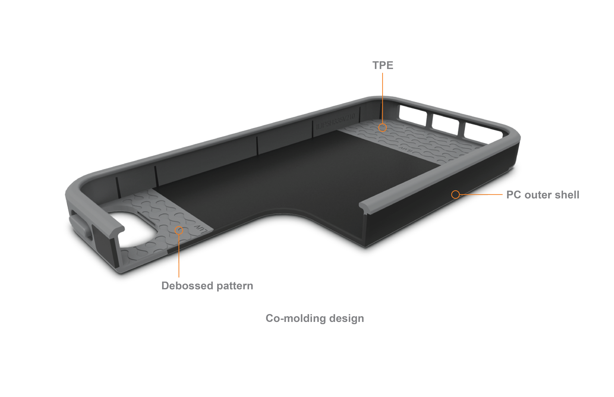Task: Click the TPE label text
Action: point(382,66)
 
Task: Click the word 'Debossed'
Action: point(187,286)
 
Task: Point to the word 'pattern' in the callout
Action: point(235,286)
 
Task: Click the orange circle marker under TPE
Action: point(382,127)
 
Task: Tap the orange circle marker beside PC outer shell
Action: point(455,194)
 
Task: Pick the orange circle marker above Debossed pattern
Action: point(179,230)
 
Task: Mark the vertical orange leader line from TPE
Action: point(382,98)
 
